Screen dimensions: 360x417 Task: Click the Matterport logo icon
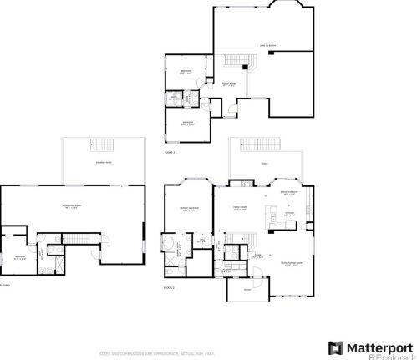(x=335, y=347)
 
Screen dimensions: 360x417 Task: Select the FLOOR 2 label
(x=170, y=286)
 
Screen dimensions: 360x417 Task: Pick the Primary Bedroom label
(x=189, y=208)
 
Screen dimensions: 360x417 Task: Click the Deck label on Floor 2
(x=265, y=164)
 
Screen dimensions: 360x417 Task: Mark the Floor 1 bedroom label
(x=20, y=257)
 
